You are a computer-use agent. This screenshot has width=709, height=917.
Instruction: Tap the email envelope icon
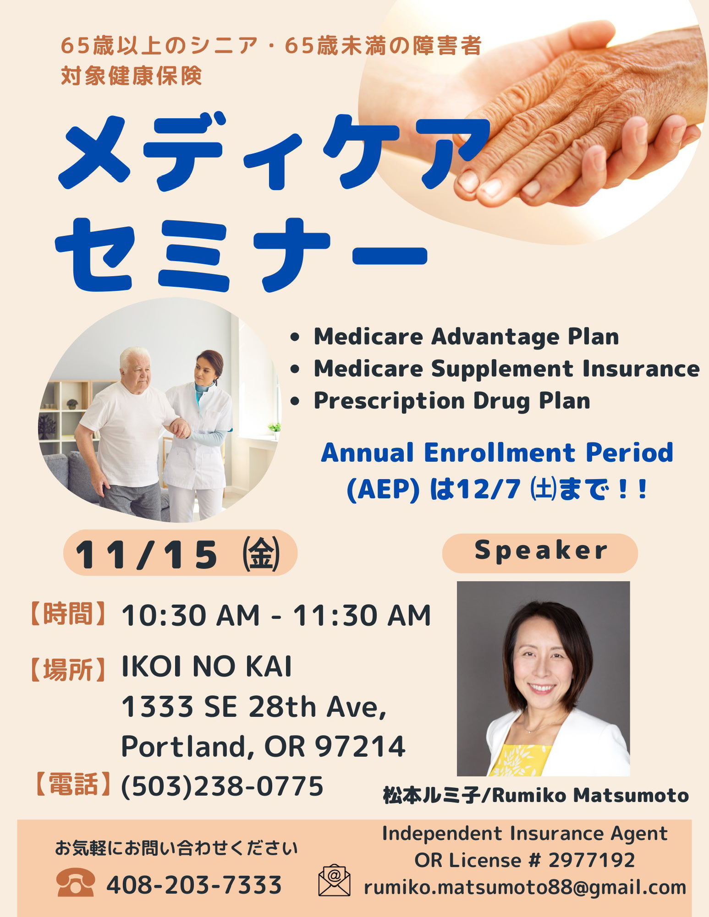(334, 880)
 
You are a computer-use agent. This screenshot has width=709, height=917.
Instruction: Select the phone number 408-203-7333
(194, 885)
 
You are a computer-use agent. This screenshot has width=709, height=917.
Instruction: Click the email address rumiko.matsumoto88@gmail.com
(525, 888)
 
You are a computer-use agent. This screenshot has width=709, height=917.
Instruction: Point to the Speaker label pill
(540, 553)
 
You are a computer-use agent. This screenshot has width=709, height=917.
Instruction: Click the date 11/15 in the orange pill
(146, 555)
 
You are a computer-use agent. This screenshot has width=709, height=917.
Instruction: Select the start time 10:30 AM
(190, 615)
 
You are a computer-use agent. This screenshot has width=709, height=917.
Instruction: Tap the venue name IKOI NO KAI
(206, 666)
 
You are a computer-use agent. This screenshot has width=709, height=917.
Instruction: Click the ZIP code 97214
(360, 746)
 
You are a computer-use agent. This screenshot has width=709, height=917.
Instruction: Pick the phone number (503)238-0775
(222, 786)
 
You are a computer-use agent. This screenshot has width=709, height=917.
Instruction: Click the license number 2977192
(591, 860)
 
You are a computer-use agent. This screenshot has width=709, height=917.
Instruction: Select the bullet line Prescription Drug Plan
(452, 401)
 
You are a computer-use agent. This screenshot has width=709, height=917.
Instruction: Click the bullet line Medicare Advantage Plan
(466, 337)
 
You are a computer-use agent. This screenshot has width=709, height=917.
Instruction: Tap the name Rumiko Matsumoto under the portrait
(590, 796)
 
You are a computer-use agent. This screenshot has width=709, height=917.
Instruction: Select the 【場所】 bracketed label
(68, 670)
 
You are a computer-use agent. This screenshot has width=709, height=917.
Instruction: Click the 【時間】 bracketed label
(68, 613)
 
